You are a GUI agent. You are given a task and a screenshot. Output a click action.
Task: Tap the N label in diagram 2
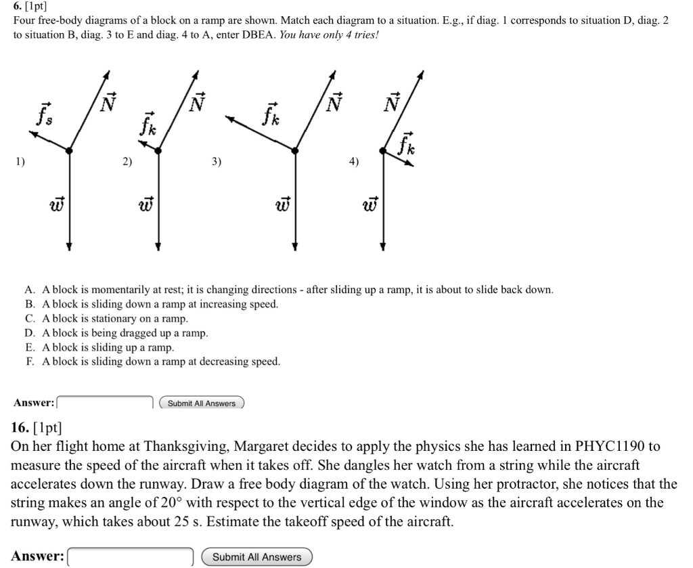(x=197, y=102)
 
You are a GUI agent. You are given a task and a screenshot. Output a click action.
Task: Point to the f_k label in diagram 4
(x=407, y=143)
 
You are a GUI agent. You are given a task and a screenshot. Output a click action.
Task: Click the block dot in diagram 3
(x=294, y=152)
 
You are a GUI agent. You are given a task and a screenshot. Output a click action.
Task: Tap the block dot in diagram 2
(x=158, y=151)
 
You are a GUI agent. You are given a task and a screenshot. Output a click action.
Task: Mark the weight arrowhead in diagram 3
(x=294, y=247)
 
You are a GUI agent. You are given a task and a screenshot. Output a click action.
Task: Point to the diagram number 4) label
(x=354, y=162)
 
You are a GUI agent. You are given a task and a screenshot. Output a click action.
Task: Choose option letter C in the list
(x=30, y=318)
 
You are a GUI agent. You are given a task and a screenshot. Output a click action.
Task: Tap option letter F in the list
(x=30, y=362)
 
